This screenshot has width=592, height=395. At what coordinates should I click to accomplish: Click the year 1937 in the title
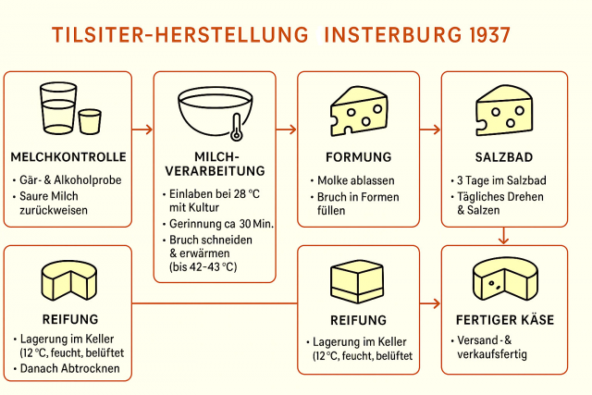(x=489, y=35)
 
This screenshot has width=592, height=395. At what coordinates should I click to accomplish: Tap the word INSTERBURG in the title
(x=393, y=35)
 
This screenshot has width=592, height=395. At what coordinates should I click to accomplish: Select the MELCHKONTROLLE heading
(x=68, y=157)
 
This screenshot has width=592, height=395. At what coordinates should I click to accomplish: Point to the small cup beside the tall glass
(x=90, y=121)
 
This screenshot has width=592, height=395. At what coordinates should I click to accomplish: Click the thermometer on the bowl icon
(x=237, y=128)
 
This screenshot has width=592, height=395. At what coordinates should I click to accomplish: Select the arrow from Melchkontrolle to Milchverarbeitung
(x=142, y=130)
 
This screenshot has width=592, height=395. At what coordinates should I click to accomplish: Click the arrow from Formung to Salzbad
(x=430, y=130)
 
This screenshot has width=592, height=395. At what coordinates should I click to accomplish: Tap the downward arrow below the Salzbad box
(x=503, y=236)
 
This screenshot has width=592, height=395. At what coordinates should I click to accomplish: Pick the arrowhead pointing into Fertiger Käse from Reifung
(x=437, y=303)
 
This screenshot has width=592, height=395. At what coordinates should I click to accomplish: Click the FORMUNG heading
(x=359, y=157)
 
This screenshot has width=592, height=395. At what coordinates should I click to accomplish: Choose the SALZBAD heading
(x=504, y=157)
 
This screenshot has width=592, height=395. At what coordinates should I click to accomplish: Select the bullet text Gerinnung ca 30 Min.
(x=221, y=224)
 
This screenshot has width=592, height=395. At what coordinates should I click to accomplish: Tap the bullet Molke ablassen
(x=355, y=180)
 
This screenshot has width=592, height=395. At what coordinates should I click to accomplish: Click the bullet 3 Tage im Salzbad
(x=501, y=180)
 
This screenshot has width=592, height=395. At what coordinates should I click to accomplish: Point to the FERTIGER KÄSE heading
(x=505, y=320)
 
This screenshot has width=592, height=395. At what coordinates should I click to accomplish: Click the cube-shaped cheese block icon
(x=357, y=281)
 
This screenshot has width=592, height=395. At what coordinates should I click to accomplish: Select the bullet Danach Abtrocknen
(x=70, y=368)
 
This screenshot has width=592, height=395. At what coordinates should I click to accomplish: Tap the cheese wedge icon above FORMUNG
(x=359, y=111)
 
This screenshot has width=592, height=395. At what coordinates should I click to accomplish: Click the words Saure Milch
(x=49, y=196)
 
